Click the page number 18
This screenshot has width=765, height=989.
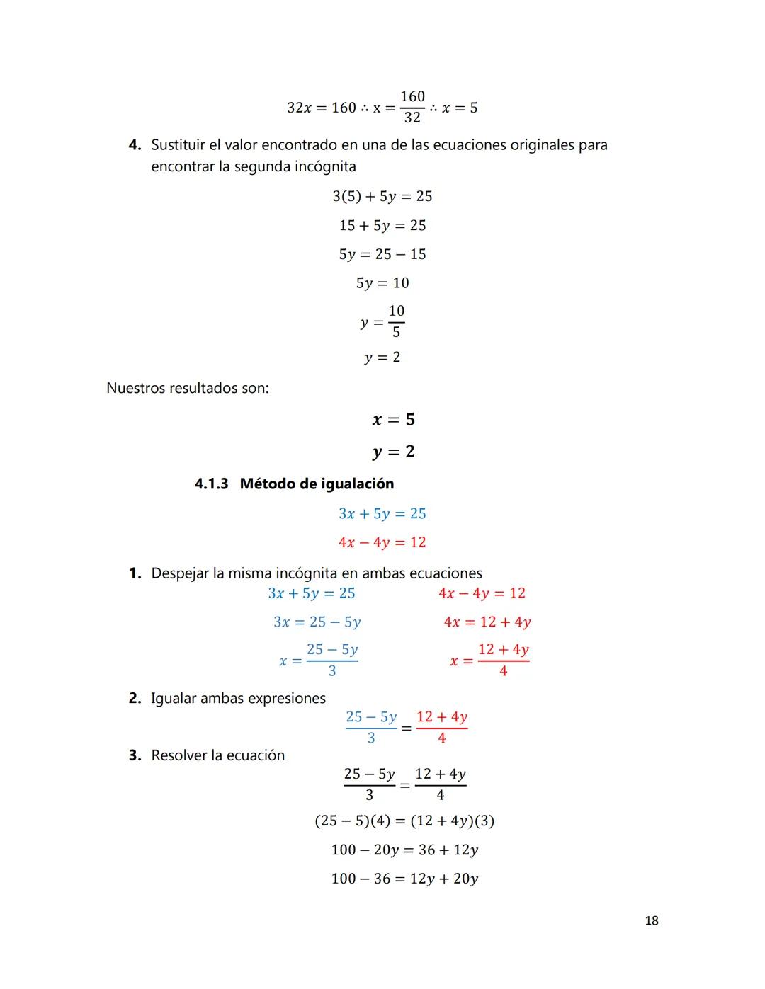[x=652, y=920]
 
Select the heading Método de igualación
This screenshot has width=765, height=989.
[x=317, y=484]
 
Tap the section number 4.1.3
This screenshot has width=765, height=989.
[x=211, y=484]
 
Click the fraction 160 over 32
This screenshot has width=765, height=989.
[x=412, y=107]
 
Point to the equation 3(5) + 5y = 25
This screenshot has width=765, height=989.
[x=382, y=196]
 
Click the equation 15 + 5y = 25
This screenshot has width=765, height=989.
[x=382, y=225]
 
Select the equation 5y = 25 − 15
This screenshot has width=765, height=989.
[x=382, y=254]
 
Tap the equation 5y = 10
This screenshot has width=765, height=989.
[x=382, y=283]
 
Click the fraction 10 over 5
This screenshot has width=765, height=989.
[x=396, y=321]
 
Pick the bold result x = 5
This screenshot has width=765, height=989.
[x=393, y=420]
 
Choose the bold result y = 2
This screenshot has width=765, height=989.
[x=393, y=452]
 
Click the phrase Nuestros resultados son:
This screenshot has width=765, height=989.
[x=187, y=389]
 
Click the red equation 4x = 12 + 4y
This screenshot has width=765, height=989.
[x=487, y=622]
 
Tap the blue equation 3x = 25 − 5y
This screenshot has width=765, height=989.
[x=317, y=622]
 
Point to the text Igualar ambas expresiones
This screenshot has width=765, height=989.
[x=238, y=699]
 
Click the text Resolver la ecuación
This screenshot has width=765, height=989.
[x=217, y=755]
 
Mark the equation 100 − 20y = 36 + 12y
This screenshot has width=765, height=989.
[x=404, y=850]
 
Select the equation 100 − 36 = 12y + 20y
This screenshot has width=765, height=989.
[x=404, y=879]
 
